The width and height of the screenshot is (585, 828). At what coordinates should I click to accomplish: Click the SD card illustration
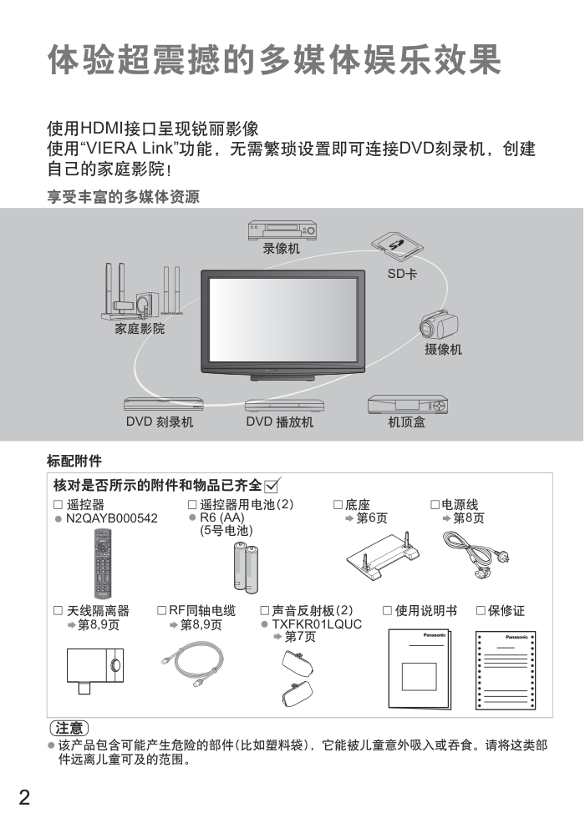coord(397,247)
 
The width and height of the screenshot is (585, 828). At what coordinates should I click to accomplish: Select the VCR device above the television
coord(282,230)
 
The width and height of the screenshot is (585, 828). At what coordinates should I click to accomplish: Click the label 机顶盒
coord(406,422)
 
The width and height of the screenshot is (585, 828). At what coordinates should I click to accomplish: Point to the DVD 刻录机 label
coord(160,422)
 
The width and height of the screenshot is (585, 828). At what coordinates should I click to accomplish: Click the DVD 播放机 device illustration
coord(284,406)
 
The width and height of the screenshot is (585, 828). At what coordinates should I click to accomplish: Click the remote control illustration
coord(103,563)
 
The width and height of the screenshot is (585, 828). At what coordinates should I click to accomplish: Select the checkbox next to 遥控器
coord(58,504)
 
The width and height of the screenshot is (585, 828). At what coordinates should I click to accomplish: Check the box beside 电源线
coord(435,504)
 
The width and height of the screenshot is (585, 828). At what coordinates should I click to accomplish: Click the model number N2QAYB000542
coord(112,518)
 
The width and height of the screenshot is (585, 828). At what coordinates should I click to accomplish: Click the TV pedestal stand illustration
coord(384,556)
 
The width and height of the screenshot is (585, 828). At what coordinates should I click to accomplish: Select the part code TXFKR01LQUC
coord(317,624)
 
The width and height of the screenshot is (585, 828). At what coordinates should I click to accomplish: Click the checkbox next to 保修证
coord(481,610)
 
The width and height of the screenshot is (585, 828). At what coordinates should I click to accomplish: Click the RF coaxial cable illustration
coord(192,664)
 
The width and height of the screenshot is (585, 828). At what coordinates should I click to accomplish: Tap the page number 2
coord(24,797)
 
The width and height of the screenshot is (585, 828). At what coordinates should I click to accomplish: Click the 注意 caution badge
coord(69,728)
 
